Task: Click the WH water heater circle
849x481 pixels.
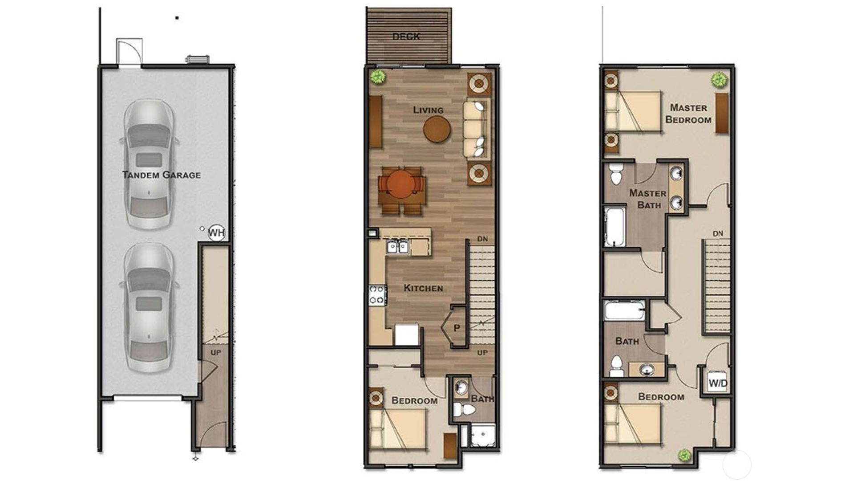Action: point(216,232)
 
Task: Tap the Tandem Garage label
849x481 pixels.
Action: point(161,175)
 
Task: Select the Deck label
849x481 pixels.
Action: point(406,37)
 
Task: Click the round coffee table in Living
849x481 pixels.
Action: point(437,129)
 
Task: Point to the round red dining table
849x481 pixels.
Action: point(400,185)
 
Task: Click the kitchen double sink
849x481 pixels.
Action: point(397,246)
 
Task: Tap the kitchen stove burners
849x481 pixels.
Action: point(377,295)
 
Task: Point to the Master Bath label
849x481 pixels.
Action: point(648,199)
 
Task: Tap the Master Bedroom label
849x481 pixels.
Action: point(688,114)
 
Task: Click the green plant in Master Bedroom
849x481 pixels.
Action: point(718,80)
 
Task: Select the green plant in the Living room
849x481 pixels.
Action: point(378,77)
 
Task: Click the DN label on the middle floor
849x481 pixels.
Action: point(482,239)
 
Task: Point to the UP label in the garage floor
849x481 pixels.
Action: point(216,353)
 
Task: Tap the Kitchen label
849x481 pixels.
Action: point(423,288)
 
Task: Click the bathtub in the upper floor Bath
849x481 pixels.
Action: point(624,310)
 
